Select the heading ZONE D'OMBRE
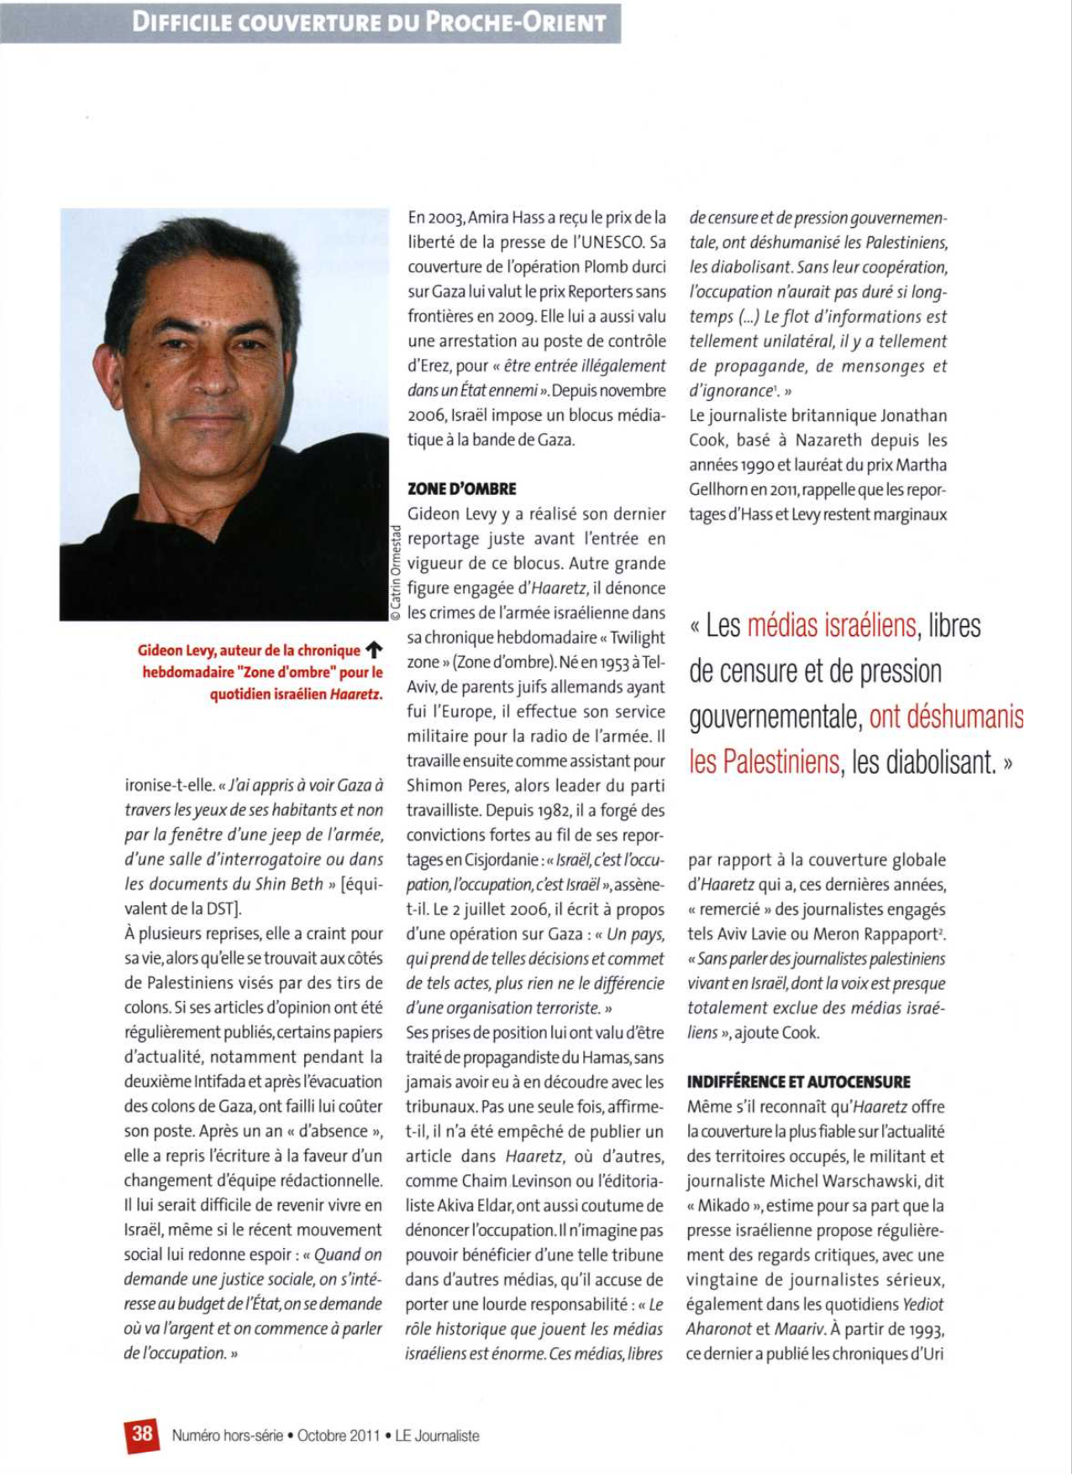pos(461,489)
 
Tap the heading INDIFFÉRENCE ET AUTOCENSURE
pos(798,1082)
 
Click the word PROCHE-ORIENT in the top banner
pos(516,22)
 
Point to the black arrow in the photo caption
pos(375,650)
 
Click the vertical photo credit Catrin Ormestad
pos(395,572)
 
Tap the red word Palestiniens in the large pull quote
pos(765,762)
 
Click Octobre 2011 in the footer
pos(339,1435)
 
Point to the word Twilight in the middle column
pos(637,638)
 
